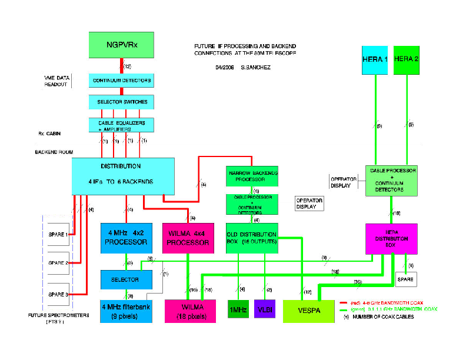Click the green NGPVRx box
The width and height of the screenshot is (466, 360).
[x=121, y=45]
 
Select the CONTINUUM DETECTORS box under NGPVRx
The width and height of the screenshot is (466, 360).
[x=121, y=80]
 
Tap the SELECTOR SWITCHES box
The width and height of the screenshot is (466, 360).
[x=121, y=102]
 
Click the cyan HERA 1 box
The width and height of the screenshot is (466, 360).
[x=374, y=59]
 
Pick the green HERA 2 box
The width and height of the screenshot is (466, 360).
[x=406, y=59]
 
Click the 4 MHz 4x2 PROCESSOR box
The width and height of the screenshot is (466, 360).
[x=127, y=238]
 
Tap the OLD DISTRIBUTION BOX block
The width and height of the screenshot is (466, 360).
[x=252, y=238]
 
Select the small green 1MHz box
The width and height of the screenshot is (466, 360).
[x=238, y=309]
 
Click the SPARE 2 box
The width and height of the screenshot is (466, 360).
[x=59, y=262]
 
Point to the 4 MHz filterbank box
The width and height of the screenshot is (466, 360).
[x=126, y=310]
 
